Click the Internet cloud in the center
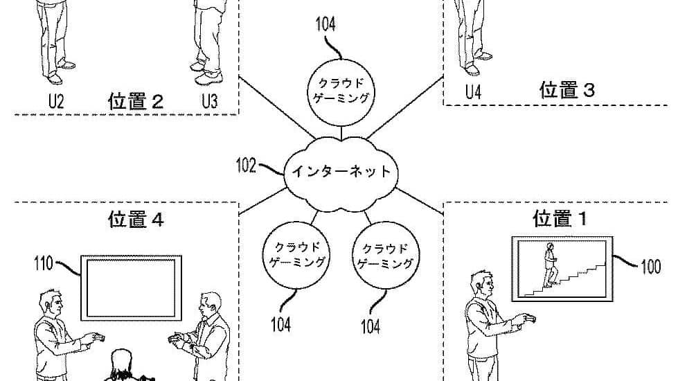point(339,172)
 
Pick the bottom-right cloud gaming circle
point(386,256)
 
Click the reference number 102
point(246,166)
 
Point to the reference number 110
point(44,262)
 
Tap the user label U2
point(55,101)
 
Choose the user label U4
point(473,93)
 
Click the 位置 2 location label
point(136,101)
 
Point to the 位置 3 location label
point(567,90)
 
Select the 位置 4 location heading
point(136,220)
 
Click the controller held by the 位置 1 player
point(527,319)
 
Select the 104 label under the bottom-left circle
point(280,322)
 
